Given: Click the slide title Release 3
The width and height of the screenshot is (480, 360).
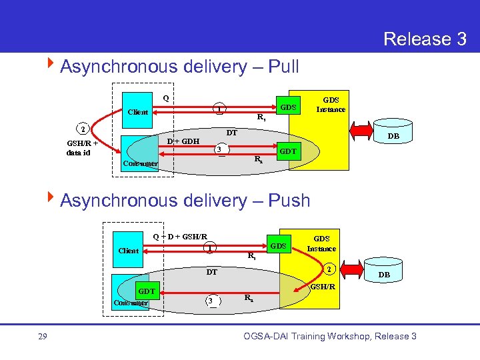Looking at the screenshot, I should (425, 39).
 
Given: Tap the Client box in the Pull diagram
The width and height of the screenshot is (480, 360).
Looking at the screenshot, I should (138, 112).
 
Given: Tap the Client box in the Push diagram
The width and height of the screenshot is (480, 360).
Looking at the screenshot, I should (129, 251).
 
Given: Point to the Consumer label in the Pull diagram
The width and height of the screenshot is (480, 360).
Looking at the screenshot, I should (140, 163).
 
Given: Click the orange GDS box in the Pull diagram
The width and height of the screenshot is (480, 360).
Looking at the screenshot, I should (288, 107).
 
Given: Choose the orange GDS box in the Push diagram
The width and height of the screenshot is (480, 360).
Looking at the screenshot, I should (279, 246).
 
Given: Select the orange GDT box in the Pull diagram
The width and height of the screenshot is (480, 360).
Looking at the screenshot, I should (287, 152).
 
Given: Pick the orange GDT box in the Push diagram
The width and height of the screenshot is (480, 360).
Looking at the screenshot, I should (147, 291).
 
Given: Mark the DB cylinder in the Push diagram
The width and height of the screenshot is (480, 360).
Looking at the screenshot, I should (385, 274).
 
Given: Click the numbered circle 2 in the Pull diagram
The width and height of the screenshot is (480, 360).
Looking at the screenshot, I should (81, 129).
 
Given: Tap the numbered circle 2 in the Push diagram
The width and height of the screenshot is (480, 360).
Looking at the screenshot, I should (327, 269).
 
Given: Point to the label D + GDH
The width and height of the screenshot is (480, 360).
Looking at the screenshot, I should (183, 141).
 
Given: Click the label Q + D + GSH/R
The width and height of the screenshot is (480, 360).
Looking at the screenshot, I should (180, 236).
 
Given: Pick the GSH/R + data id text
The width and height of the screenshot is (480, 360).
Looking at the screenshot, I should (82, 147).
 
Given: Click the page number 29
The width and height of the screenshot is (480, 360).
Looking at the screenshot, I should (42, 337).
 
